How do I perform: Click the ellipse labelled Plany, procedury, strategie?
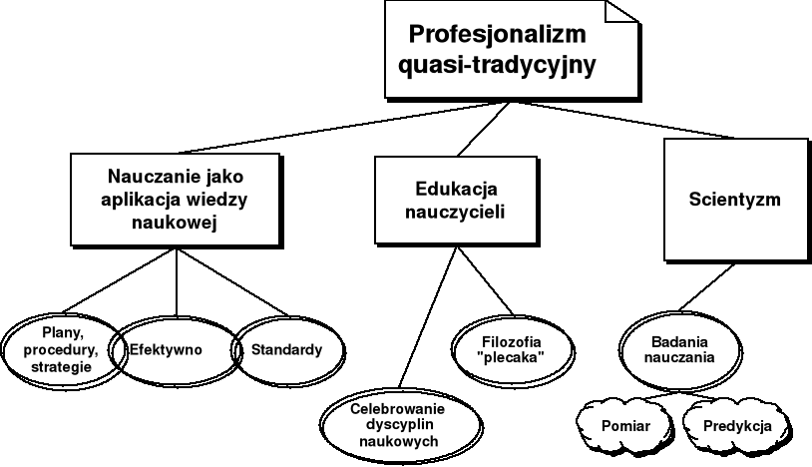coord(62,349)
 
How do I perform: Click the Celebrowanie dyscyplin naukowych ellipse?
coord(397,424)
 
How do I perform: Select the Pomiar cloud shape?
coord(625,426)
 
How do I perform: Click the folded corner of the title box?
coord(621,17)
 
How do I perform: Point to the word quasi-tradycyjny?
coord(496,67)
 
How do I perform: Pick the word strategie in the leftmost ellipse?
coord(61,367)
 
